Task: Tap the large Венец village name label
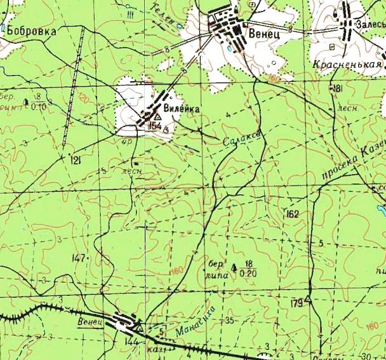pyautogui.click(x=265, y=33)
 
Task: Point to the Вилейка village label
pyautogui.click(x=182, y=109)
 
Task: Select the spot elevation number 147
pyautogui.click(x=79, y=258)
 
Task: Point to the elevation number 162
pyautogui.click(x=292, y=213)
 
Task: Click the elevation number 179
pyautogui.click(x=296, y=304)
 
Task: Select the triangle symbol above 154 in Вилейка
pyautogui.click(x=157, y=116)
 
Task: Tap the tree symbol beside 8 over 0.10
pyautogui.click(x=25, y=101)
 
